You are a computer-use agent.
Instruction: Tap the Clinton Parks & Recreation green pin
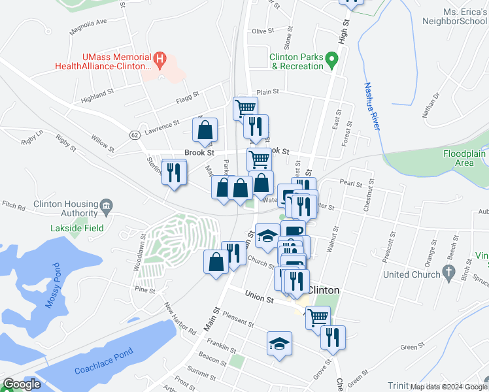click(332, 62)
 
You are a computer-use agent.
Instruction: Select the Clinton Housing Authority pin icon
click(106, 208)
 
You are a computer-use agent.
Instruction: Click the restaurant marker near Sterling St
click(173, 172)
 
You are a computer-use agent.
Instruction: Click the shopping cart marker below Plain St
click(245, 108)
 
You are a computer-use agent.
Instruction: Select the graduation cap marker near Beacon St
click(279, 344)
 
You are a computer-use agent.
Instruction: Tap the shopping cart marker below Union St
click(318, 318)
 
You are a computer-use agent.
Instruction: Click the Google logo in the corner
click(22, 384)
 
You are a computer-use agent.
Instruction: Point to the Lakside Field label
click(76, 229)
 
